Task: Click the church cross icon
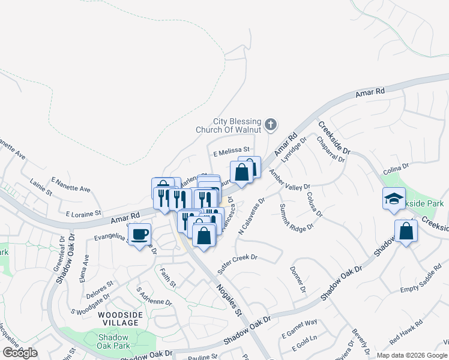click(x=271, y=125)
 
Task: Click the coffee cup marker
click(x=140, y=234)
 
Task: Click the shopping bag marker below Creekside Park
click(x=406, y=231)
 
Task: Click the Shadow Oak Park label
click(x=114, y=341)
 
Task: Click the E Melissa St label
click(x=231, y=154)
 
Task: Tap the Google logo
click(x=20, y=353)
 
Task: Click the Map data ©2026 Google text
click(x=411, y=355)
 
